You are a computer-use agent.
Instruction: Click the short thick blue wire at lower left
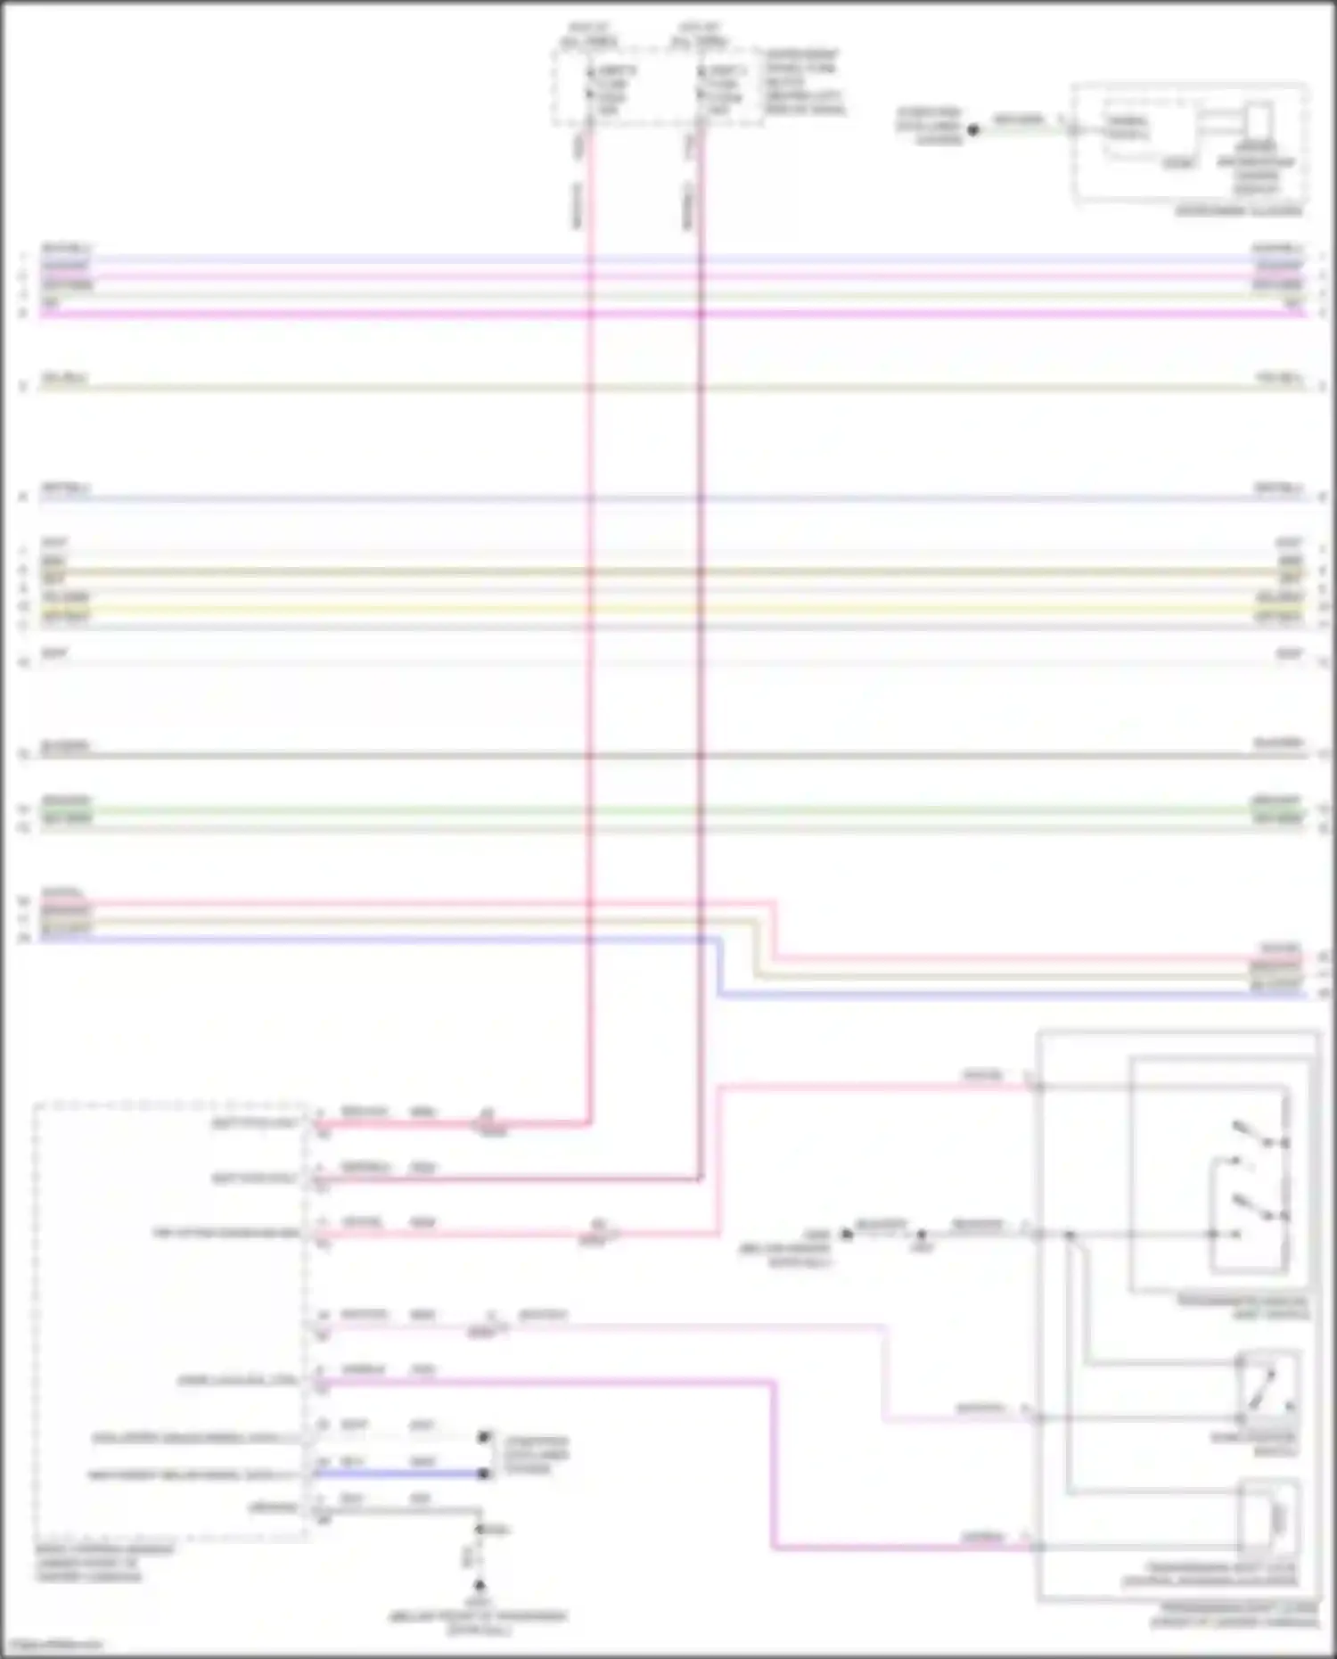tap(401, 1474)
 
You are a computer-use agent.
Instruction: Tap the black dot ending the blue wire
tap(484, 1474)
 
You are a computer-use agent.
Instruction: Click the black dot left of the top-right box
tap(973, 130)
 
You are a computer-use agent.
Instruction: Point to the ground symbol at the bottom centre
tap(479, 1586)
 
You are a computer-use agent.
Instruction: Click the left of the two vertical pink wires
tap(589, 624)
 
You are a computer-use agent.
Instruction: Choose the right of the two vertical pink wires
tap(700, 624)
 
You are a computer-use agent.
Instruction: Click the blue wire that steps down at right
tap(980, 995)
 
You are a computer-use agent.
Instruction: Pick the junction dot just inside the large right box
tap(1070, 1235)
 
